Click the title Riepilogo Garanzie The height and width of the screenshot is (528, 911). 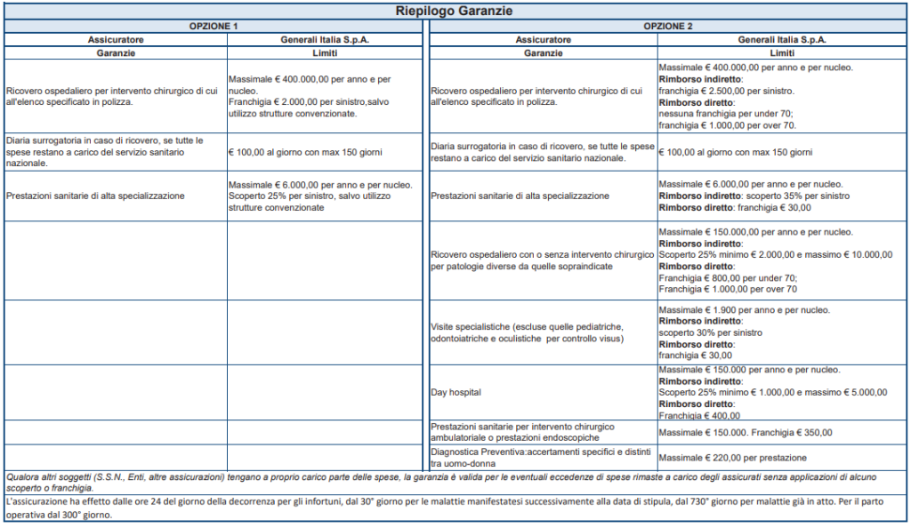click(x=455, y=12)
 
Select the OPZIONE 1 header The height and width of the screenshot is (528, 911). click(x=214, y=26)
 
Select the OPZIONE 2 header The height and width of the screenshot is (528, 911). click(x=668, y=26)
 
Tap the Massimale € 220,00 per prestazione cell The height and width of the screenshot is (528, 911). click(x=732, y=457)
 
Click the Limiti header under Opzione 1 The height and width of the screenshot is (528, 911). click(x=324, y=52)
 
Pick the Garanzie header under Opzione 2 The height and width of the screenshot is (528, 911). click(x=543, y=52)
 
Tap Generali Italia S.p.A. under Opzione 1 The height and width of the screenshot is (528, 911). click(x=324, y=39)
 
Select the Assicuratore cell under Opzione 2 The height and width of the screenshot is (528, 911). click(x=543, y=39)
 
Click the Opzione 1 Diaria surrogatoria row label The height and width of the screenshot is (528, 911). click(x=105, y=152)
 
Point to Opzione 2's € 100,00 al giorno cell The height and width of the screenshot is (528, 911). click(x=735, y=152)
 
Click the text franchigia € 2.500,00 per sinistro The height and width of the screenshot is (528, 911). click(x=726, y=91)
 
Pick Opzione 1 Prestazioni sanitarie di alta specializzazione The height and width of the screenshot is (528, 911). click(x=95, y=196)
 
